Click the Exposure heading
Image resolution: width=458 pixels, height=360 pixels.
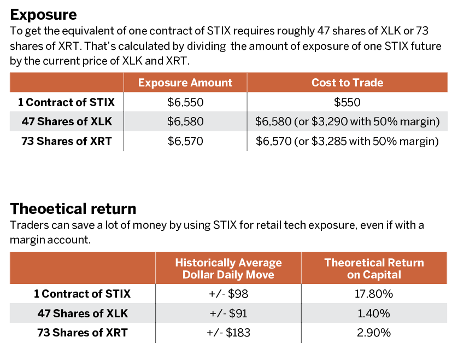pos(43,15)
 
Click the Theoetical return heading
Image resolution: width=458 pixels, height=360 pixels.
pos(73,208)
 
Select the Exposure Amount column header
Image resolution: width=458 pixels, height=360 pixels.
pos(185,83)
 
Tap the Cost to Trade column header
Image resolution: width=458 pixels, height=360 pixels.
pos(347,83)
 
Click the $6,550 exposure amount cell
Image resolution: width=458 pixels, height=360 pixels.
pos(185,102)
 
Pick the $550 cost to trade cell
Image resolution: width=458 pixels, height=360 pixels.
pos(347,102)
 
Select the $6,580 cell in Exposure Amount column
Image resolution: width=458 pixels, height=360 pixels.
pos(185,121)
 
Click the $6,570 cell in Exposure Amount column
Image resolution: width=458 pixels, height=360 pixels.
pos(185,141)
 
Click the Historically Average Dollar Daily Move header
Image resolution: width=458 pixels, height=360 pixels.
pos(228,269)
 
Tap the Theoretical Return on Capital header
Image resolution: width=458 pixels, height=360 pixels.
pos(374,269)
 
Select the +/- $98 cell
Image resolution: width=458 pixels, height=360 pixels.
pos(228,294)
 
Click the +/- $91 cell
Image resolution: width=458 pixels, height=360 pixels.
pos(228,313)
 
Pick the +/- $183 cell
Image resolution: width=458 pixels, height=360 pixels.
pos(228,333)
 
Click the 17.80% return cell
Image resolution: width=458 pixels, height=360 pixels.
pos(374,294)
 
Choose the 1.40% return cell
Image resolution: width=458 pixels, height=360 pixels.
pos(374,313)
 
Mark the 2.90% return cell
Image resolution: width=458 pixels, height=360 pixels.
pos(374,333)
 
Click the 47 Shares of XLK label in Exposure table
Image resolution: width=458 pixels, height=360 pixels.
pos(67,121)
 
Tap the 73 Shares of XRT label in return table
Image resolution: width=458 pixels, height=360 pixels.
pos(83,333)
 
